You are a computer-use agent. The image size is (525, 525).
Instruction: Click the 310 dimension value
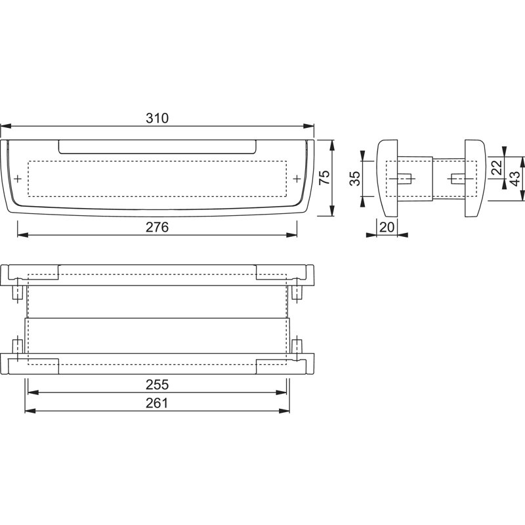(x=157, y=118)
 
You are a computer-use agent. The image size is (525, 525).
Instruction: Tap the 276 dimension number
(x=157, y=227)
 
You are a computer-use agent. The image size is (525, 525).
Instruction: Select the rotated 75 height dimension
(x=324, y=177)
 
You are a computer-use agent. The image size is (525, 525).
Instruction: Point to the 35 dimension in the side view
(x=354, y=178)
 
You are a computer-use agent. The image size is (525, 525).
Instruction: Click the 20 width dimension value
(x=387, y=227)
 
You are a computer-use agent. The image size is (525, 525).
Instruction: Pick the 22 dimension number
(x=497, y=167)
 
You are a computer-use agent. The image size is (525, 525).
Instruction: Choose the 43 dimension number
(x=515, y=178)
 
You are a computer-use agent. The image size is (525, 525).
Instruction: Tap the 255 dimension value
(x=157, y=385)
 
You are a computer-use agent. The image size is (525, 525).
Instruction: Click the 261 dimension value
(x=157, y=403)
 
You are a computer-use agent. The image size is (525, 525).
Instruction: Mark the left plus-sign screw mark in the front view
(x=18, y=178)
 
